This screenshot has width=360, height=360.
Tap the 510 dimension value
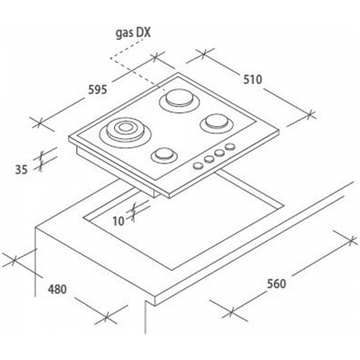tap(251, 79)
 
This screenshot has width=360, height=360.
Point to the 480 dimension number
tap(57, 289)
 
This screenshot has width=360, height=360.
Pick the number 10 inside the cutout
tap(118, 221)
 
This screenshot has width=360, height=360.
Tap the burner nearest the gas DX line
tap(177, 97)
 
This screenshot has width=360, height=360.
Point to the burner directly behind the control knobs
tap(214, 123)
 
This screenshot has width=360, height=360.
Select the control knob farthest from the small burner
tap(229, 148)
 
